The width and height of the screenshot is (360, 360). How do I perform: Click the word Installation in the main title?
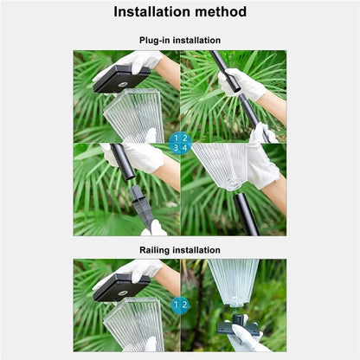(151, 12)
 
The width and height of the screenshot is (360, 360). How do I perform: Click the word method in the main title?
(221, 12)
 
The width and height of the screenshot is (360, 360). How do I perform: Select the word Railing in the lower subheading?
(154, 250)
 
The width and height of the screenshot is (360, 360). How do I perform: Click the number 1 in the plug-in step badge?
(176, 138)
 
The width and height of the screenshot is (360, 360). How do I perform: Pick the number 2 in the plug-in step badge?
(184, 138)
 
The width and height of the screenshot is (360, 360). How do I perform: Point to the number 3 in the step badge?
(176, 148)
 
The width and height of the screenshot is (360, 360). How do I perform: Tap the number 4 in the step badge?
(184, 148)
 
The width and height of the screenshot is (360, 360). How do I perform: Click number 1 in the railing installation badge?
(176, 305)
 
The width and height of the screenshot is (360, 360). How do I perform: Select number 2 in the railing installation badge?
(184, 305)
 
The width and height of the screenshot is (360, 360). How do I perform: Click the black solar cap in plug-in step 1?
(121, 79)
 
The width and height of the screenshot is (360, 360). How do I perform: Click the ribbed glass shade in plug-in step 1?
(133, 115)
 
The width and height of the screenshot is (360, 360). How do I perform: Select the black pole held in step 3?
(123, 162)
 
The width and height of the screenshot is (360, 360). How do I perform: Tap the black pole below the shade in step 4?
(245, 214)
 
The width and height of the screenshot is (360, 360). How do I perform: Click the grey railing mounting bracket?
(238, 325)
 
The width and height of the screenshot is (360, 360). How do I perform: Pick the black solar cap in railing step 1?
(121, 288)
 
